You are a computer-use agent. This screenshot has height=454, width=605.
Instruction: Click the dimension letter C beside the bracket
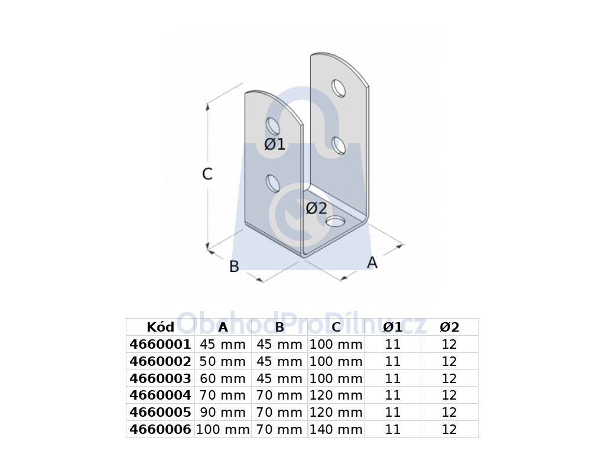point(207,174)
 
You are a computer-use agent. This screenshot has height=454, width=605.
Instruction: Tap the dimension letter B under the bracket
point(234,267)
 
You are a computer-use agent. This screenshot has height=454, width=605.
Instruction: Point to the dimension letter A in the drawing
point(372,262)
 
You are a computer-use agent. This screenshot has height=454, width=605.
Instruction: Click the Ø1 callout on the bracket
point(275,144)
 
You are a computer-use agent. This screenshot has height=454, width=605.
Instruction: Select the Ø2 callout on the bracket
point(317,209)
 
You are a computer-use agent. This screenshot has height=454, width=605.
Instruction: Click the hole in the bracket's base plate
point(335,222)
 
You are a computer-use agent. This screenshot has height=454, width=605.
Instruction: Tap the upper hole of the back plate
point(339,89)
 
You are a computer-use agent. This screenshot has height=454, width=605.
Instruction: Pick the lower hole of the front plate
point(273,183)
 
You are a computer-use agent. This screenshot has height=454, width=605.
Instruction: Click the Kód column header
point(161,327)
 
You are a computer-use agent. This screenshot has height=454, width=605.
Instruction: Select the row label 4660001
point(160,345)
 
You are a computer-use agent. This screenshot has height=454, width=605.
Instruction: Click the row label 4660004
point(160,395)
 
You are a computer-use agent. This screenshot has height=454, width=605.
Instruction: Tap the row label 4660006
point(160,429)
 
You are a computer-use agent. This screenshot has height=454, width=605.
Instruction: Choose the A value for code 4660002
point(223,361)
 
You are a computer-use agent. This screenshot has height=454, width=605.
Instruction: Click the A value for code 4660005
point(223,412)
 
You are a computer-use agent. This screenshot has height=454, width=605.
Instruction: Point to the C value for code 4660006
point(336,429)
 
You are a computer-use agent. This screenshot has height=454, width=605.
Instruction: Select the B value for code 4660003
point(279,378)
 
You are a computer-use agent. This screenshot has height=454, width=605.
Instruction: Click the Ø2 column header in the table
point(450,327)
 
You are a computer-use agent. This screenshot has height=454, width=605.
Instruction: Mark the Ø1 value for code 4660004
point(393,395)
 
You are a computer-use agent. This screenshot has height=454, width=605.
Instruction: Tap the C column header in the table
point(336,327)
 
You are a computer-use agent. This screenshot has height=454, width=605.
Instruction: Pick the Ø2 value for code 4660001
point(449,345)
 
